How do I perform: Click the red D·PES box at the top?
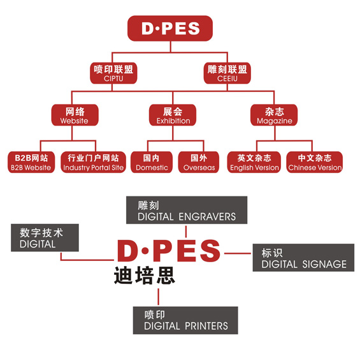click(170, 28)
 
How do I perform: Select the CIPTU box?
click(113, 73)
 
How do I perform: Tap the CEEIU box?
click(227, 73)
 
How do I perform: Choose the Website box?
click(75, 115)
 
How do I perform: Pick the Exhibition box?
click(173, 115)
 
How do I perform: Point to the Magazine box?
click(274, 115)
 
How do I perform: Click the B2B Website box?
click(31, 162)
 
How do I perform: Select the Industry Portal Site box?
click(94, 162)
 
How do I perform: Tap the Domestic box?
click(152, 162)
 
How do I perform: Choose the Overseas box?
click(199, 162)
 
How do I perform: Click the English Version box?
click(254, 162)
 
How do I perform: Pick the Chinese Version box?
click(315, 162)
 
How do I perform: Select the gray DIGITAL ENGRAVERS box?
click(187, 210)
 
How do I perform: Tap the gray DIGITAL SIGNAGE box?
click(303, 258)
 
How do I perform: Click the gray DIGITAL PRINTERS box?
click(185, 320)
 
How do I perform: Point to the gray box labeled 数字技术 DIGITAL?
click(45, 238)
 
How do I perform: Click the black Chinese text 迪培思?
click(145, 276)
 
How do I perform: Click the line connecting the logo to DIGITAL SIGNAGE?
click(238, 253)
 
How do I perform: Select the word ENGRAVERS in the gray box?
click(207, 217)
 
